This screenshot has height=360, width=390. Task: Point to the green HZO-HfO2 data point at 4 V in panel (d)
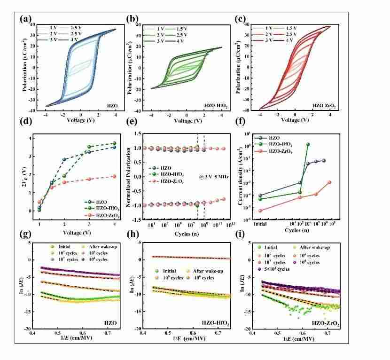tap(113, 143)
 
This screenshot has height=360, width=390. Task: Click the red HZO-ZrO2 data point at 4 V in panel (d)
tap(113, 176)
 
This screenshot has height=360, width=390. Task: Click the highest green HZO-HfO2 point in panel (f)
tap(308, 145)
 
